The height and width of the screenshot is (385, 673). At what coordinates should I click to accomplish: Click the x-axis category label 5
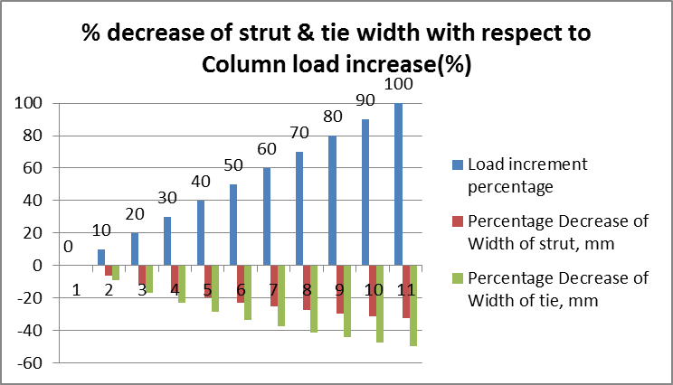(x=207, y=291)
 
